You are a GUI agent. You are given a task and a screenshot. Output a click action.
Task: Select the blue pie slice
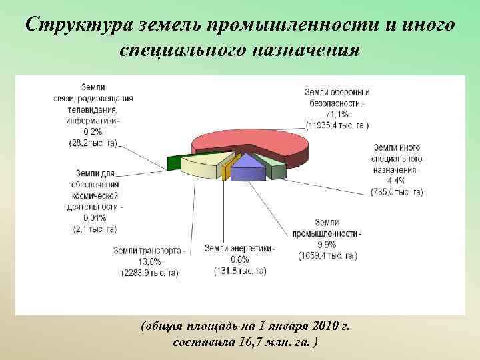tap(247, 168)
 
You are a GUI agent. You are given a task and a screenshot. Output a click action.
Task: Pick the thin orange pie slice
tap(226, 171)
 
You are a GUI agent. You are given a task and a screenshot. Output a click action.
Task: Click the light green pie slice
tap(275, 167)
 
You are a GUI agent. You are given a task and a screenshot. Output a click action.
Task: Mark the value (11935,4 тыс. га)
tap(337, 125)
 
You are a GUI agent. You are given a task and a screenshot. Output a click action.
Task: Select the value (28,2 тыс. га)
tap(93, 142)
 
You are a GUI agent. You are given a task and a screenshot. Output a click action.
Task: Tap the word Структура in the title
tap(80, 25)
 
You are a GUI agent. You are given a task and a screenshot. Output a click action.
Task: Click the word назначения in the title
tap(304, 50)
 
